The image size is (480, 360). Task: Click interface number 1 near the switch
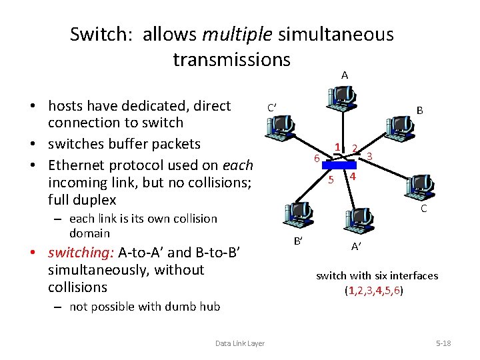point(338,147)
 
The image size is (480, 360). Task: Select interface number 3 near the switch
point(369,156)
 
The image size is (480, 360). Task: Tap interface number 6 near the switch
point(317,159)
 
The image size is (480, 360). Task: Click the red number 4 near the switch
point(353,177)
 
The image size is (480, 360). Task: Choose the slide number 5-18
point(443,343)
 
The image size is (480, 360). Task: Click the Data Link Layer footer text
point(240,343)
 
